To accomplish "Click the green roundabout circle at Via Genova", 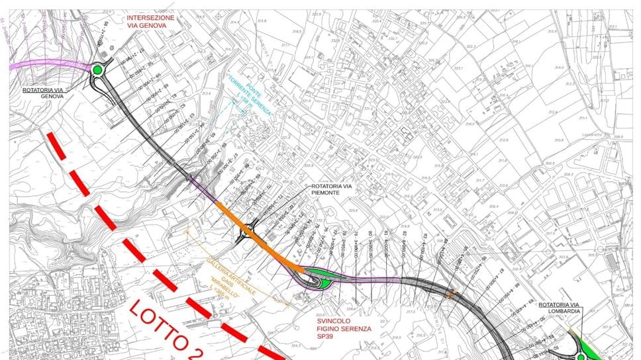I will tap(97, 69).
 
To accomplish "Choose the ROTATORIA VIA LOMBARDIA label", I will tap(561, 308).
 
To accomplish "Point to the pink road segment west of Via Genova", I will tap(46, 66).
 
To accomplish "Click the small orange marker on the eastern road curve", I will tap(452, 294).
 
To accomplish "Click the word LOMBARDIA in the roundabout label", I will tap(561, 312).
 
